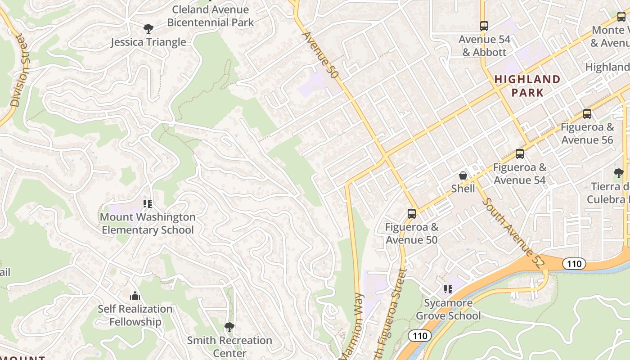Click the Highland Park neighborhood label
(527, 86)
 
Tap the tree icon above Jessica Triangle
(148, 29)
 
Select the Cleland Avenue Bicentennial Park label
(211, 16)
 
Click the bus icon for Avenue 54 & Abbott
(484, 26)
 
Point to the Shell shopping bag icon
(463, 175)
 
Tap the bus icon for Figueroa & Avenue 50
(411, 214)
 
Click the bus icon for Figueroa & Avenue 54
(520, 154)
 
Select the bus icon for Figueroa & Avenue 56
(587, 114)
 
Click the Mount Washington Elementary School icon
(147, 204)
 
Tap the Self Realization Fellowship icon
(135, 296)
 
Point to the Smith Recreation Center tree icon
(229, 327)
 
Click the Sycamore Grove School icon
(448, 289)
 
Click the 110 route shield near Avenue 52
(574, 264)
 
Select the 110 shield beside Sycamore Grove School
(419, 336)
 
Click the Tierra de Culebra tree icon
(619, 173)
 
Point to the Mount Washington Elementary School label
(148, 224)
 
